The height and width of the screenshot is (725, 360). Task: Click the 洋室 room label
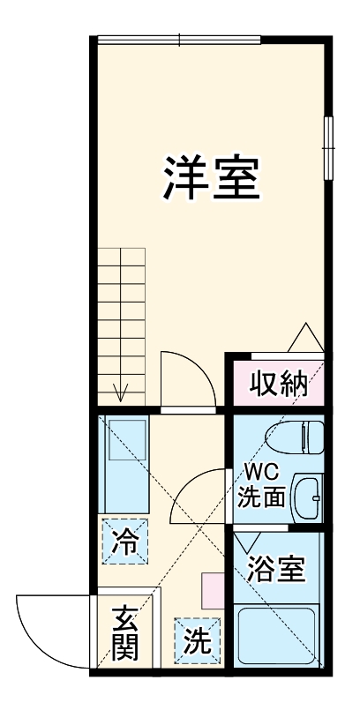211,178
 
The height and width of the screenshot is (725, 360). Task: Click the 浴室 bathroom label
277,569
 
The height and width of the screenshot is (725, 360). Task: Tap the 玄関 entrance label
125,633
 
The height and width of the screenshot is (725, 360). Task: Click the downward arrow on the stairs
121,390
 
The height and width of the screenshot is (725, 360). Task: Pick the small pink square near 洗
213,588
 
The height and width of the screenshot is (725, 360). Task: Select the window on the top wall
179,39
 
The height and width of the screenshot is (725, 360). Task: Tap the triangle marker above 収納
305,338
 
